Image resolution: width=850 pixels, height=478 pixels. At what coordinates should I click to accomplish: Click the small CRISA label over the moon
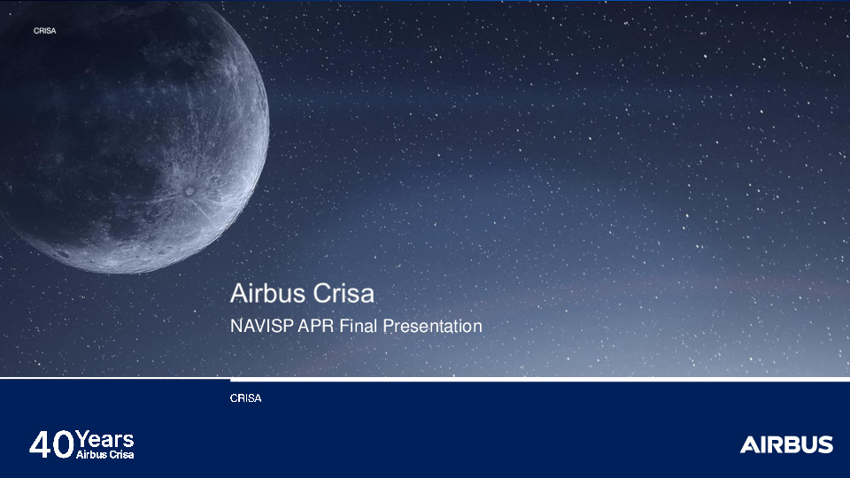[44, 30]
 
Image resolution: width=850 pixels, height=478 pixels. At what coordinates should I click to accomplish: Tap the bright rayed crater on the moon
[190, 189]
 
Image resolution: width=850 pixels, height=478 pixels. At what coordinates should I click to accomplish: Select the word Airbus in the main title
[266, 292]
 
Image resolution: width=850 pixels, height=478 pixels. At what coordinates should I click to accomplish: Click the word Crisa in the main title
[341, 292]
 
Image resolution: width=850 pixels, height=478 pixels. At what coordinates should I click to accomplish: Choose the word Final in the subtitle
[357, 327]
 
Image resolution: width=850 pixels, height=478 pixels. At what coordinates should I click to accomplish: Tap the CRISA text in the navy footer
[245, 398]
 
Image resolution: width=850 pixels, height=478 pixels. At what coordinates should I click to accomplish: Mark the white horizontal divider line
[540, 379]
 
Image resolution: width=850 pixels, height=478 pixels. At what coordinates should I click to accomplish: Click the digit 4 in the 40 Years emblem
[41, 444]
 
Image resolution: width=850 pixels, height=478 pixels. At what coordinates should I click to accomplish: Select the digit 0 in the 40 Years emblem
[63, 444]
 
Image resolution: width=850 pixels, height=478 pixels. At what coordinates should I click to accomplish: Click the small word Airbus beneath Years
[91, 455]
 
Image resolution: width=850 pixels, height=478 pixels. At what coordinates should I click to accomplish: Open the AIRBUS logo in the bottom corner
[786, 444]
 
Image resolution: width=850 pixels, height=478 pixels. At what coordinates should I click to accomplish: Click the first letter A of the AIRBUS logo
[748, 444]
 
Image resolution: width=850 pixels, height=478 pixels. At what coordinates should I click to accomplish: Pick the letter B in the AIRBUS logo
[791, 444]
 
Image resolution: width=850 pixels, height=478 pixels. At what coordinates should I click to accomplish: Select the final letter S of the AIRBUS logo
[824, 444]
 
